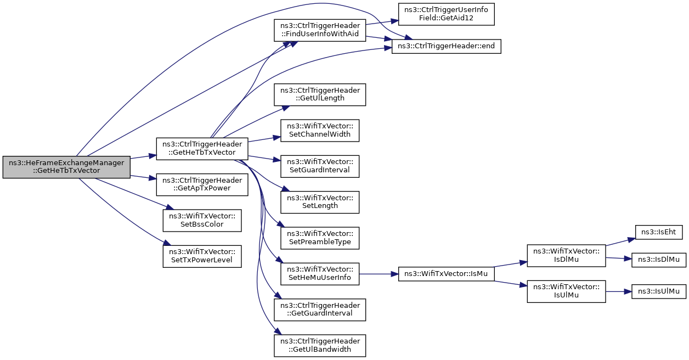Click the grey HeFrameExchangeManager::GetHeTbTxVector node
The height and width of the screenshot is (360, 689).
tap(66, 167)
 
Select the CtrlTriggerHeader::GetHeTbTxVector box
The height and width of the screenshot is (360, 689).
tap(202, 149)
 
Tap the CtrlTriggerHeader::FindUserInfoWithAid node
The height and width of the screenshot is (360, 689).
tap(320, 30)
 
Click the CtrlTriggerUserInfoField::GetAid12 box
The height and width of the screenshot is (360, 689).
tap(447, 14)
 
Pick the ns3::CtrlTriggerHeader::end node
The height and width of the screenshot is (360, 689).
tap(447, 47)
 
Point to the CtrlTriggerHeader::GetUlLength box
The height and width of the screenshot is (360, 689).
tap(320, 95)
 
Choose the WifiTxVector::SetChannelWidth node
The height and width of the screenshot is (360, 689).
tap(320, 131)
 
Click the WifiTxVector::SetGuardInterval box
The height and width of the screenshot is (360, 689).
tap(320, 166)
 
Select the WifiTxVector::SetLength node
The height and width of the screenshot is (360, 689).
tap(320, 203)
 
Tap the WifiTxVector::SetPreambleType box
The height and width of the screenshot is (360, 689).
tap(320, 238)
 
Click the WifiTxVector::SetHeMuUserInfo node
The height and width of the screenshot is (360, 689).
tap(320, 274)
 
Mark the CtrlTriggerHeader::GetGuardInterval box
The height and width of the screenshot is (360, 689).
tap(320, 310)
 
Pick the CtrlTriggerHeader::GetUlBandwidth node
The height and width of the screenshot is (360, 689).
tap(320, 346)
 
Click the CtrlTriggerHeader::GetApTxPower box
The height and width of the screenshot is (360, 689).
tap(202, 184)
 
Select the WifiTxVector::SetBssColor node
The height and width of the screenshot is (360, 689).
tap(202, 221)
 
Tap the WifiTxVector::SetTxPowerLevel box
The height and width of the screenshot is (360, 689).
tap(202, 256)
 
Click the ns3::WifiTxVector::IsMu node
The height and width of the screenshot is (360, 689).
tap(447, 274)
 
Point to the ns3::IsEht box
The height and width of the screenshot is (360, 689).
tap(658, 232)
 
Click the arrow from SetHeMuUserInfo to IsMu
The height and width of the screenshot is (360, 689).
tap(379, 274)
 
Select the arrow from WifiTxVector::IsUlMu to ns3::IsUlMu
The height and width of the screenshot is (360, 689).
tap(619, 291)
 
